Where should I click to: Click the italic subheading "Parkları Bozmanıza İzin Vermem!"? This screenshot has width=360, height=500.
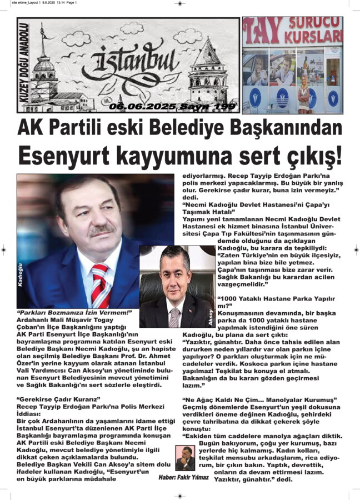pos(74,313)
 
